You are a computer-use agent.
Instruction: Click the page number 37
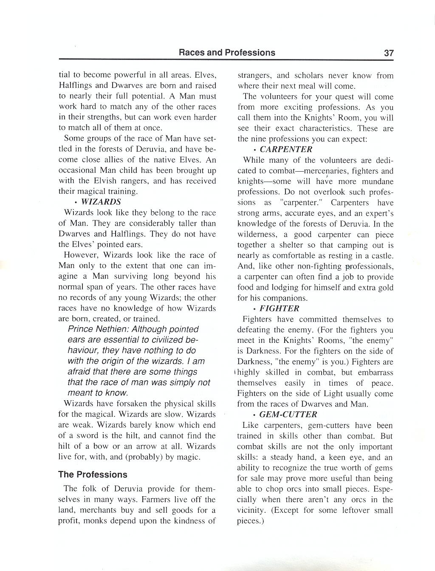[x=389, y=53]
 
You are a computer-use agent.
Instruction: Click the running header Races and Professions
[x=227, y=53]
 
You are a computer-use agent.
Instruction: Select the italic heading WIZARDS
[x=101, y=202]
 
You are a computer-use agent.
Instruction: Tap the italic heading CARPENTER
[x=286, y=149]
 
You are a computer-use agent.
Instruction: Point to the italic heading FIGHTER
[x=279, y=308]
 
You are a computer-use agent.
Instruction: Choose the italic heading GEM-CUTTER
[x=288, y=415]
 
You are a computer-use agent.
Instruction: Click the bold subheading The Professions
[x=93, y=475]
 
